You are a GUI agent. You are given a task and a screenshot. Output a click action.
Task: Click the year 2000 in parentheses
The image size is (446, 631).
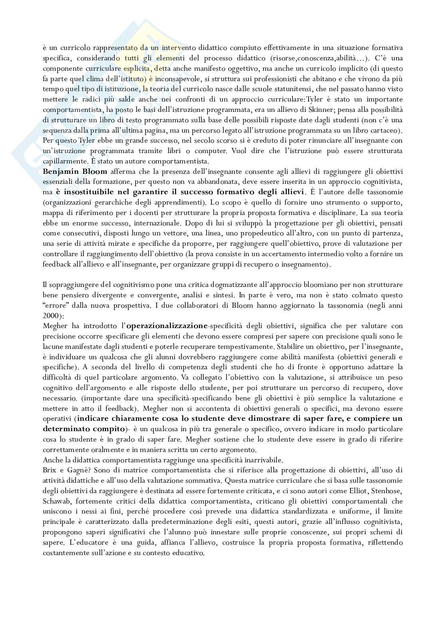[50, 315]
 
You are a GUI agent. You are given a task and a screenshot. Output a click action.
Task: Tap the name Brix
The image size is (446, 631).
[49, 470]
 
